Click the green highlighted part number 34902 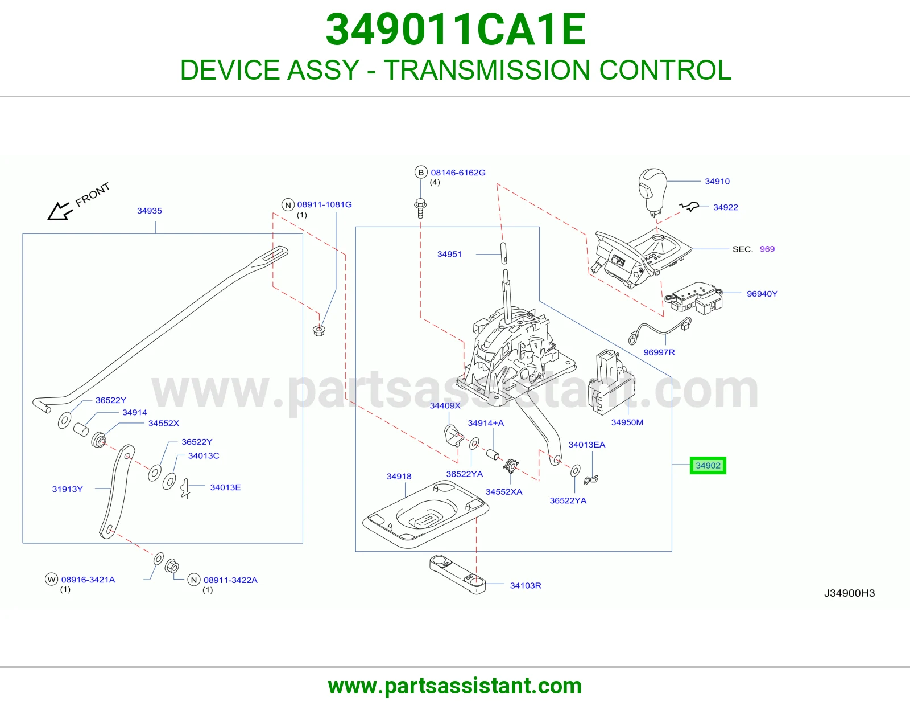click(x=708, y=465)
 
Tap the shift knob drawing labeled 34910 click(x=652, y=192)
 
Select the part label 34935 click(x=150, y=211)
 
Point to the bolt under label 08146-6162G click(x=420, y=208)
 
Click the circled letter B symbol click(x=421, y=173)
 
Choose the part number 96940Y click(x=762, y=294)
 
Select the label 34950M click(x=627, y=422)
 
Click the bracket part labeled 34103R click(x=458, y=575)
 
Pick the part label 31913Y click(x=68, y=489)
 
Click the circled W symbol click(x=52, y=580)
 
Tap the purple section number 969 click(x=767, y=249)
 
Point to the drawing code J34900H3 click(x=849, y=593)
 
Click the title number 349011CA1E click(x=456, y=30)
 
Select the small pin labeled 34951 click(x=504, y=253)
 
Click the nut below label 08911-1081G click(x=319, y=331)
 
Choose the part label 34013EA click(x=587, y=445)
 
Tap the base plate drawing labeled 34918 click(x=425, y=514)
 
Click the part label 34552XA click(x=504, y=492)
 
